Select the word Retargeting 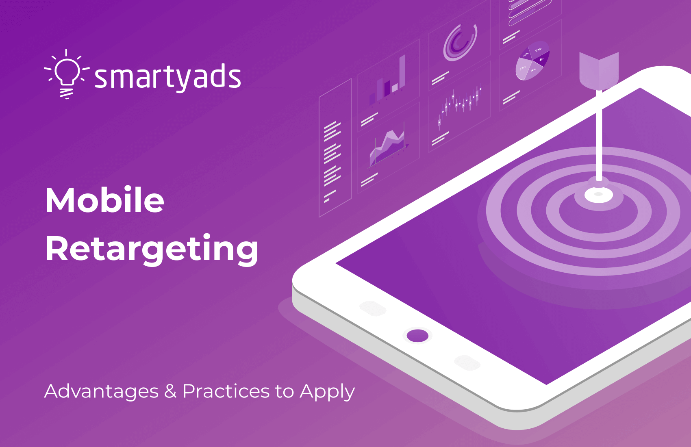click(x=152, y=249)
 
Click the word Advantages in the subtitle click(x=101, y=391)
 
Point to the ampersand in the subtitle click(x=170, y=391)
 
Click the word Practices click(x=226, y=391)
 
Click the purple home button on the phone click(x=417, y=336)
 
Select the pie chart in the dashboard click(x=532, y=61)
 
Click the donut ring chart click(x=460, y=43)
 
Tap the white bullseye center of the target click(x=598, y=195)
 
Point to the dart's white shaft click(x=598, y=134)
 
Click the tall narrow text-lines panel click(x=335, y=148)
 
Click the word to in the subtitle click(x=284, y=391)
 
